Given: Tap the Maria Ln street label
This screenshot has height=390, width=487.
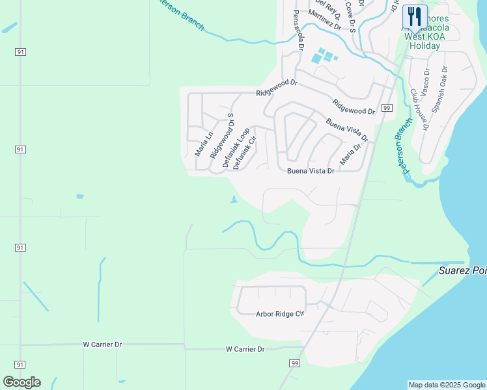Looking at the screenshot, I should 204,144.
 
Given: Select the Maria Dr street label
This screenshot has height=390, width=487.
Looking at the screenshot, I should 350,154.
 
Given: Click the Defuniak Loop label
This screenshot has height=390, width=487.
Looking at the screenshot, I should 236,148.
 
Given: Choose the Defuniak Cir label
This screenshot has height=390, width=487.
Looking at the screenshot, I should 245,153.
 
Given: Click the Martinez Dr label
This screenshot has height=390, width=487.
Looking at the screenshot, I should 324,20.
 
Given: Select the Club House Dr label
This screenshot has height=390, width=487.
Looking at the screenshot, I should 419,110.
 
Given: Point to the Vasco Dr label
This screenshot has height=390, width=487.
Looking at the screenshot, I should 425,82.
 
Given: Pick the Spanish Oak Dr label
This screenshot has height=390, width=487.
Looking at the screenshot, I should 440,87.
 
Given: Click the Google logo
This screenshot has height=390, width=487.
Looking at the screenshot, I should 22,382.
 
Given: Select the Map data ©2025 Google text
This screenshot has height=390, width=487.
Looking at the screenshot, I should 446,385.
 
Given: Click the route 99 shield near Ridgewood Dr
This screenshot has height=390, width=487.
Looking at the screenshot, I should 387,108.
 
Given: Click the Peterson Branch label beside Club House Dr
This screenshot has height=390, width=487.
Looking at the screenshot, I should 404,146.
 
